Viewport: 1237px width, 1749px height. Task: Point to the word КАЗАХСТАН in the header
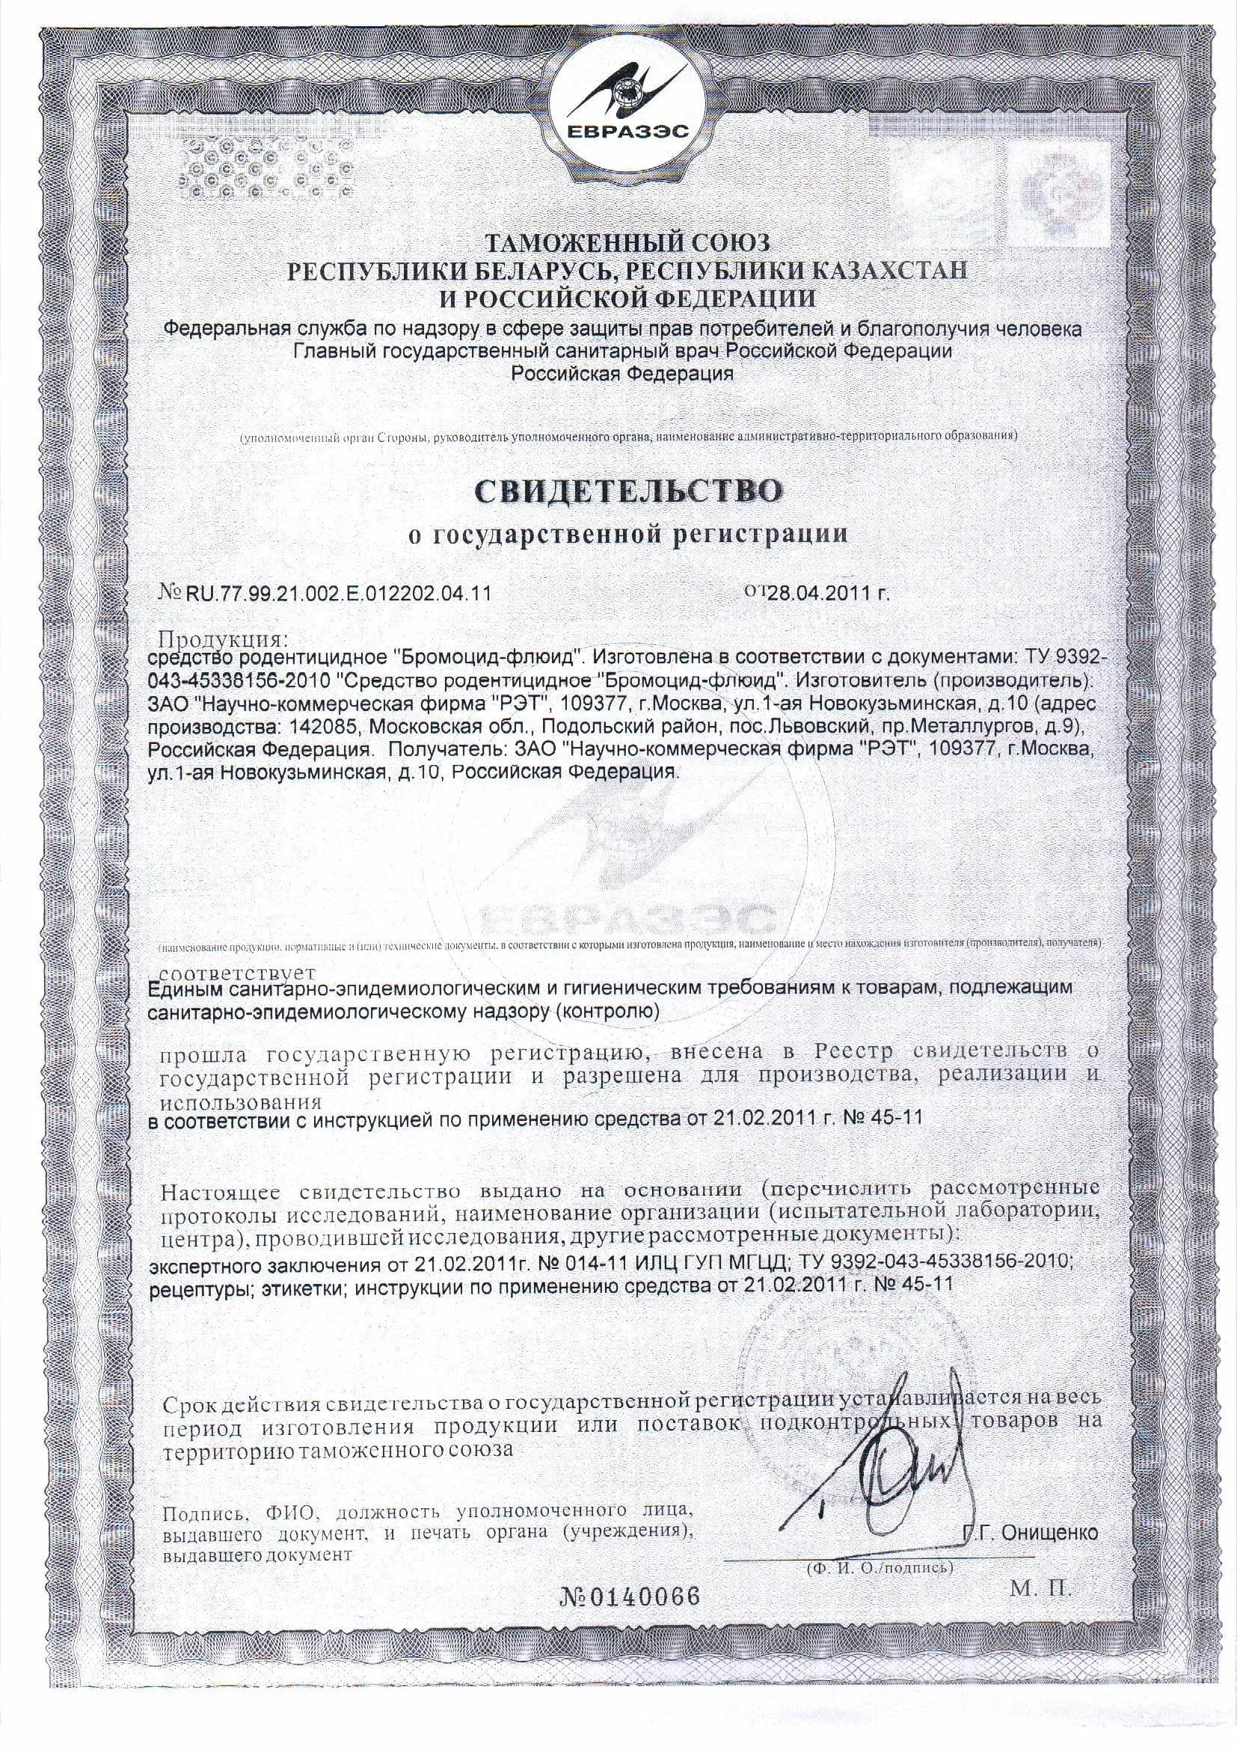click(x=888, y=271)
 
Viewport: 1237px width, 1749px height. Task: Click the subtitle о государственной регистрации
click(x=628, y=533)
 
